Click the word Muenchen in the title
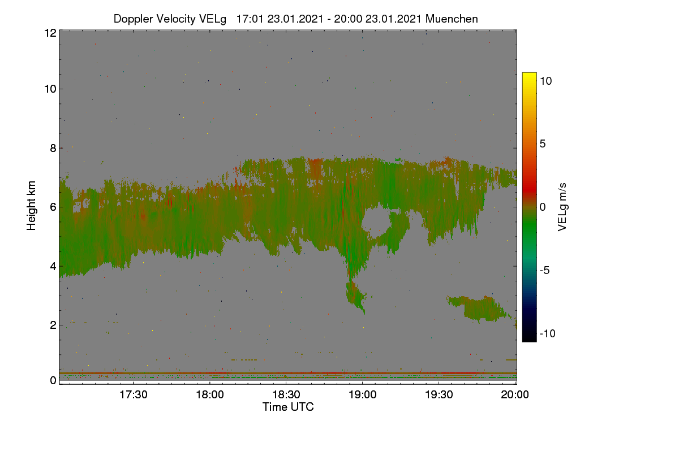click(x=452, y=19)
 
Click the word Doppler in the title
click(x=133, y=19)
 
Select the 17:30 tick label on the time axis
click(x=134, y=394)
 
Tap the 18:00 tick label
click(x=210, y=394)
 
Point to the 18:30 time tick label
click(x=286, y=394)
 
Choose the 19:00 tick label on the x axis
click(x=363, y=394)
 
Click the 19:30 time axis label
click(x=439, y=394)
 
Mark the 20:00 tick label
click(x=515, y=394)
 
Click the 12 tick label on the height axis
click(x=50, y=33)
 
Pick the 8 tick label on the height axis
click(x=53, y=148)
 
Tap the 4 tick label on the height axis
click(x=53, y=267)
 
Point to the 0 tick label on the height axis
click(x=53, y=380)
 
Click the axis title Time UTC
click(x=288, y=407)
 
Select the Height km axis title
click(x=31, y=206)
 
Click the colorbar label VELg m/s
click(x=562, y=207)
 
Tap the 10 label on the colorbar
click(x=545, y=81)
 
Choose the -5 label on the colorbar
click(x=544, y=270)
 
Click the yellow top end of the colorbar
click(x=529, y=74)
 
